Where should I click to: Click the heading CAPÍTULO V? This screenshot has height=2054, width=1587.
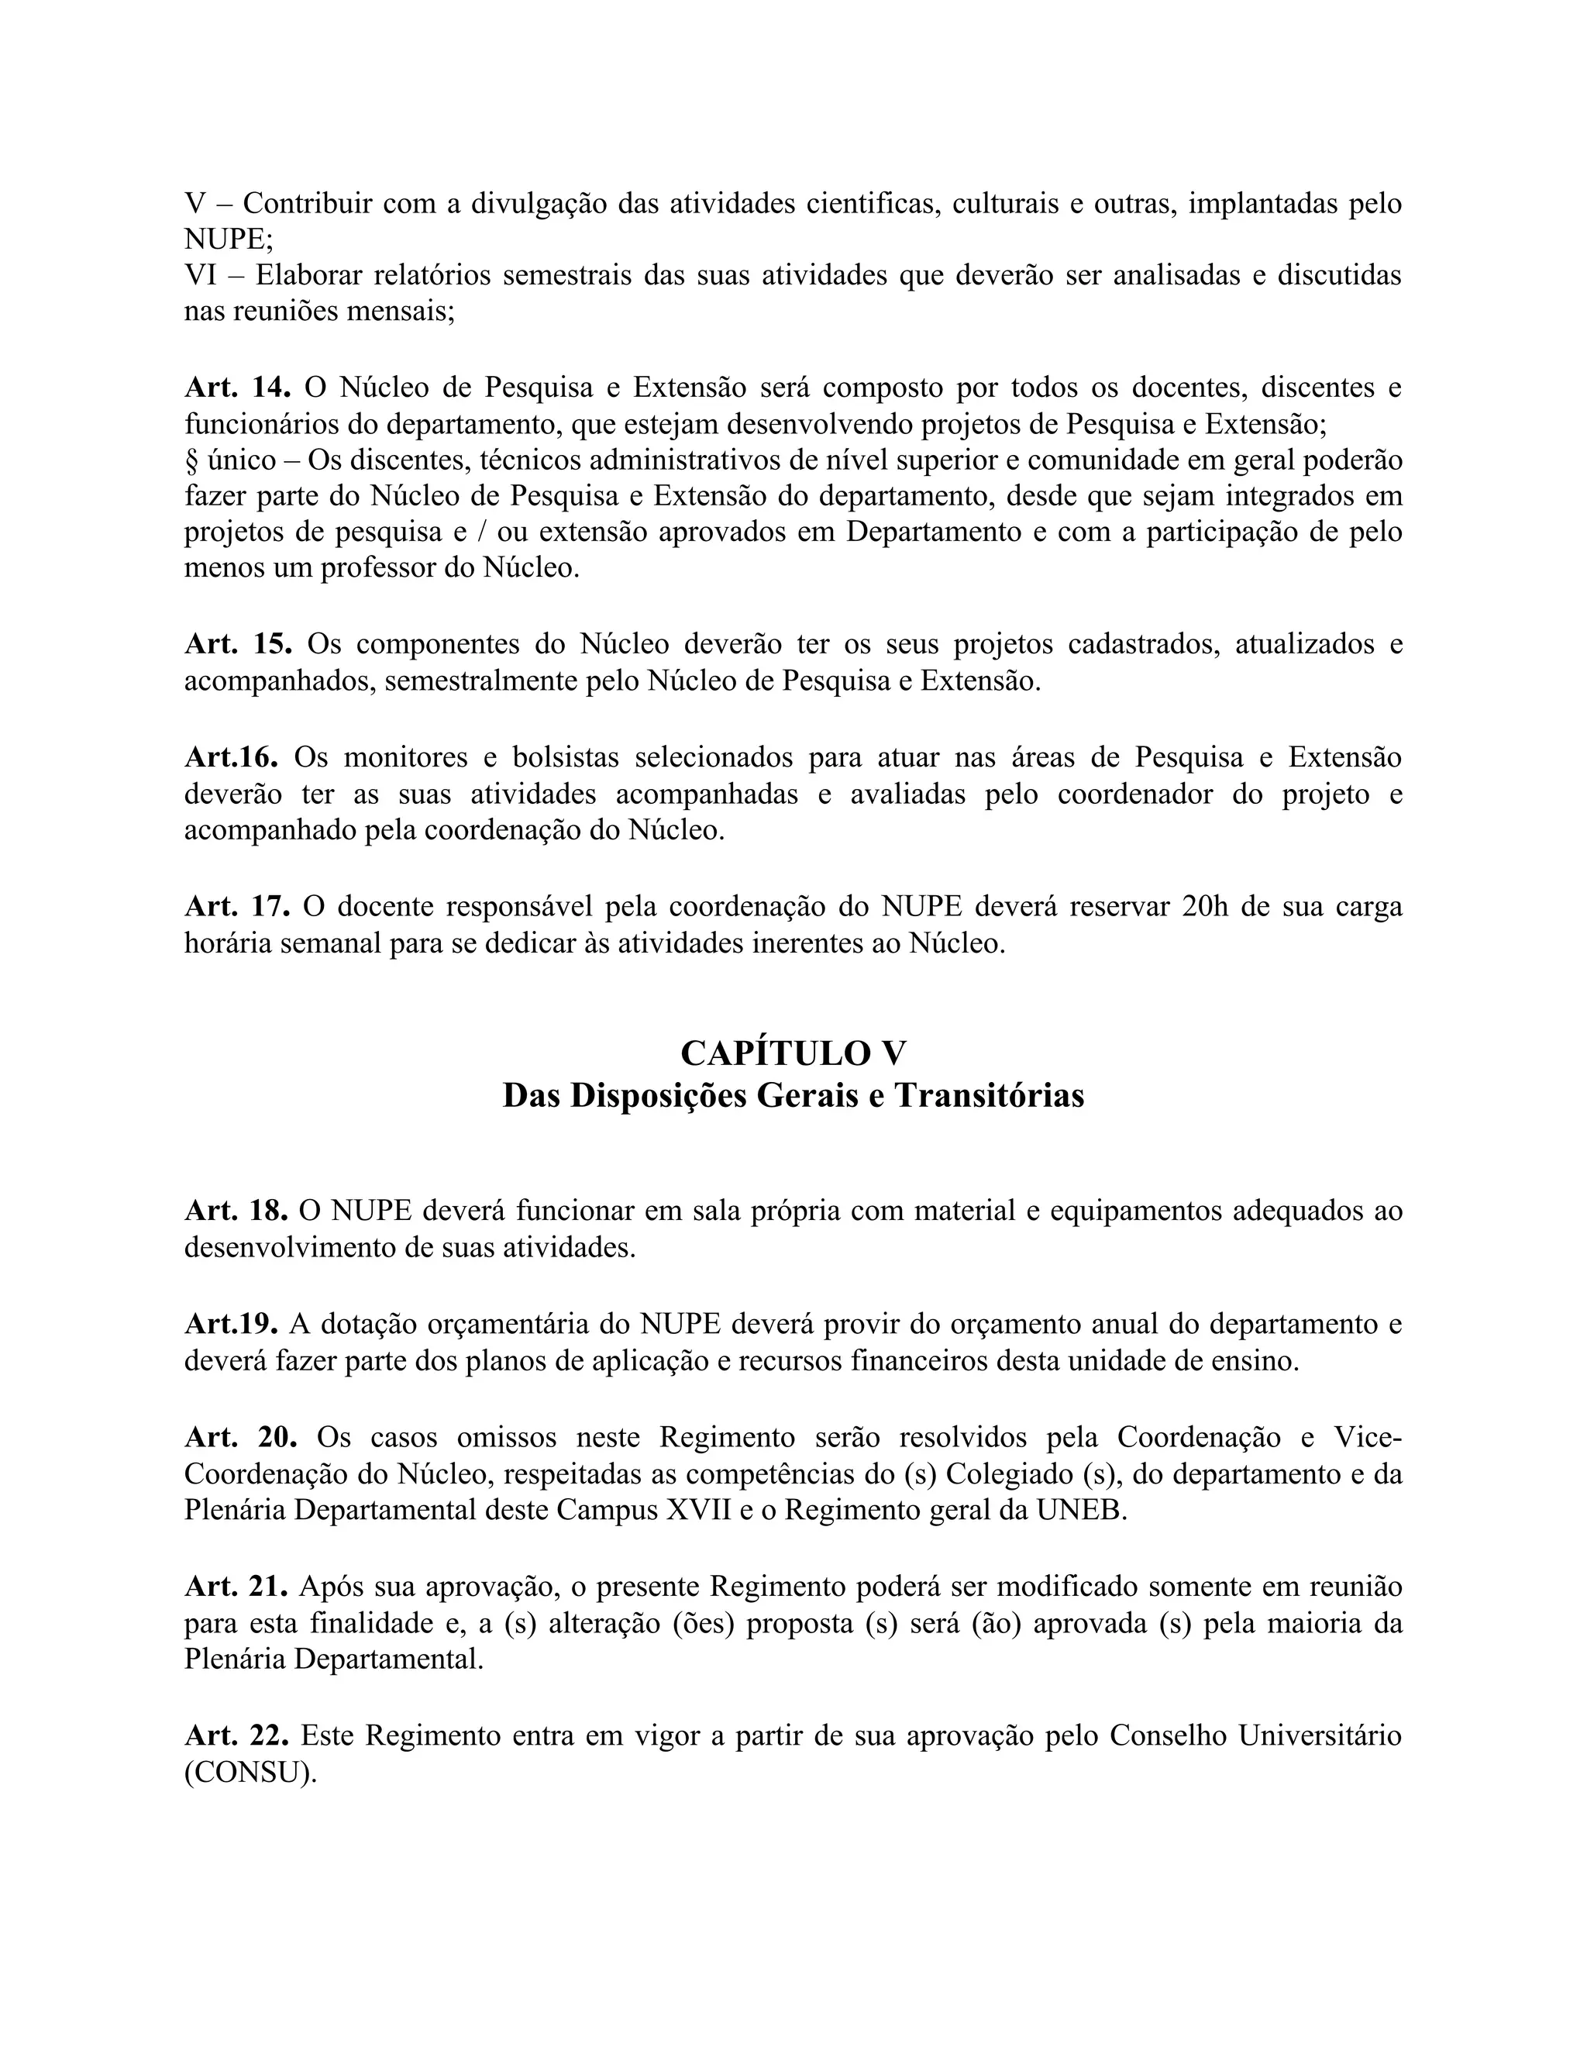pyautogui.click(x=793, y=1053)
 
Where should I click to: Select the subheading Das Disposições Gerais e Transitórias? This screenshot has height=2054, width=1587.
pyautogui.click(x=793, y=1096)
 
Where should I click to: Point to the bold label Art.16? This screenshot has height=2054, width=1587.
pyautogui.click(x=231, y=757)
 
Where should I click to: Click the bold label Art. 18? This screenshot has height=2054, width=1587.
pyautogui.click(x=236, y=1211)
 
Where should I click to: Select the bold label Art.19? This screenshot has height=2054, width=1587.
pyautogui.click(x=231, y=1324)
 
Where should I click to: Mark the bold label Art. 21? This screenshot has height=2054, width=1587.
pyautogui.click(x=236, y=1587)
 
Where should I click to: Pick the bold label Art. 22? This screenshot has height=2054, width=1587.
pyautogui.click(x=237, y=1736)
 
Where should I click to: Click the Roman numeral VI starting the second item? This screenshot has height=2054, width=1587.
pyautogui.click(x=201, y=276)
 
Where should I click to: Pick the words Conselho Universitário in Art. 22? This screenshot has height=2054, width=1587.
pyautogui.click(x=1256, y=1736)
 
